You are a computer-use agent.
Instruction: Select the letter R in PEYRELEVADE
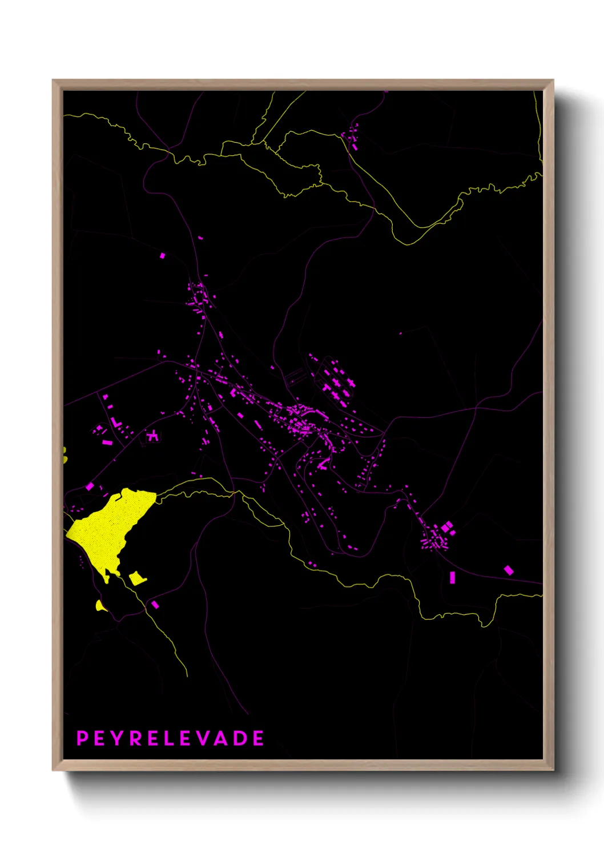pos(135,738)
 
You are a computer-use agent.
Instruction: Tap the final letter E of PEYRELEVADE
pos(259,738)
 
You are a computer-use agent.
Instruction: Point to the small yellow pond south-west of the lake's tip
pos(100,606)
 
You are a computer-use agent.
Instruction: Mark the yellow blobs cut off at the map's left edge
pos(65,455)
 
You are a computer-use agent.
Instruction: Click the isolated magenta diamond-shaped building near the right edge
pos(508,570)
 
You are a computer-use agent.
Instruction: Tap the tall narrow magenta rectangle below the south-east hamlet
pos(453,577)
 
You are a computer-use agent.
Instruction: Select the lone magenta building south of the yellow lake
pos(155,604)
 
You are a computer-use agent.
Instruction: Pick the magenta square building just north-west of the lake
pos(90,486)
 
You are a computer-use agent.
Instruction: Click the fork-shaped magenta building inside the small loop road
pos(152,436)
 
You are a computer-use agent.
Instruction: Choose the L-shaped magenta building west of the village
pos(116,423)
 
